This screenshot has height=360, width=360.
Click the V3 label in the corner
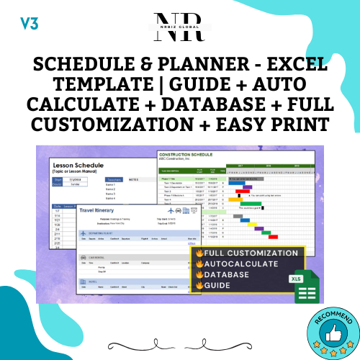pos(29,22)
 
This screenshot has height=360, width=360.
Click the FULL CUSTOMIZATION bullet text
pos(251,253)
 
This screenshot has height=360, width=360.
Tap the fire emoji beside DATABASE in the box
pos(197,274)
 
